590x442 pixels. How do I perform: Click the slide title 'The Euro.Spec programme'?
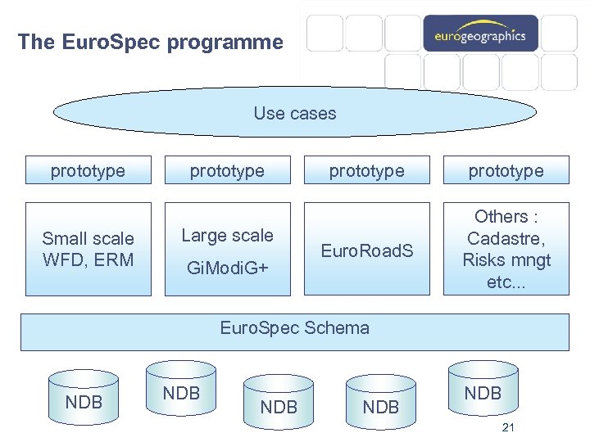(x=150, y=42)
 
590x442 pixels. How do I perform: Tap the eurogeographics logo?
(x=480, y=35)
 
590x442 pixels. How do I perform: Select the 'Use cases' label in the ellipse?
(x=295, y=114)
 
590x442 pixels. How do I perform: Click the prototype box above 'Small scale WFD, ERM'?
(x=88, y=171)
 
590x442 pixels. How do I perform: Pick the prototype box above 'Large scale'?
(x=227, y=171)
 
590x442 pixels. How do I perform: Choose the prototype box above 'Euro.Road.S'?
(x=366, y=171)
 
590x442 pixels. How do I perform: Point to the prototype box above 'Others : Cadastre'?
(x=506, y=171)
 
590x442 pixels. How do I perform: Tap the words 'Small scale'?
(x=88, y=239)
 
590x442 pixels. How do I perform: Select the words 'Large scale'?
(x=227, y=236)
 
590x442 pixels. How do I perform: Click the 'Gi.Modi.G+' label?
(x=227, y=268)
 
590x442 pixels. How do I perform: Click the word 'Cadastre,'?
(x=506, y=239)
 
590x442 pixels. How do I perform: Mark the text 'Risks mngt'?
(x=506, y=261)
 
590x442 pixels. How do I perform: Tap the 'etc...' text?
(x=506, y=282)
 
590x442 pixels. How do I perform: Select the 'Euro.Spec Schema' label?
(x=295, y=328)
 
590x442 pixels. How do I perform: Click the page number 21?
(x=508, y=428)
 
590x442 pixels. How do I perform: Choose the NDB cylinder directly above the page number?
(x=483, y=394)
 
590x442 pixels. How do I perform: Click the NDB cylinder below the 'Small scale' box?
(x=84, y=401)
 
